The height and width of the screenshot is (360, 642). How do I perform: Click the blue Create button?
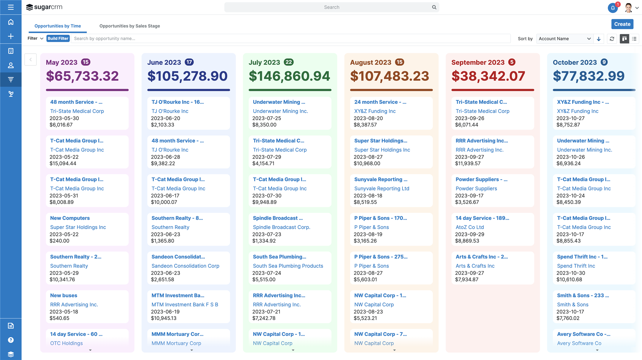tap(622, 24)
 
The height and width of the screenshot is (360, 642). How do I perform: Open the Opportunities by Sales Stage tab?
tap(129, 26)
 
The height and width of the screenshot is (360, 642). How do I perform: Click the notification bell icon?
tap(612, 8)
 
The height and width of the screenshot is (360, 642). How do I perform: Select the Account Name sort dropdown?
tap(564, 39)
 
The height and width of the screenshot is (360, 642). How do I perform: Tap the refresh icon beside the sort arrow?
tap(612, 39)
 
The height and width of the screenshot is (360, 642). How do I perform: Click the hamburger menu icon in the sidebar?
tap(11, 7)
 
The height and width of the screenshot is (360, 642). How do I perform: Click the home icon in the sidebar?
tap(11, 22)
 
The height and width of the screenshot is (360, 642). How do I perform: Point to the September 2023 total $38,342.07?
tap(488, 76)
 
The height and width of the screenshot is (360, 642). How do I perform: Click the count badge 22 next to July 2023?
tap(289, 62)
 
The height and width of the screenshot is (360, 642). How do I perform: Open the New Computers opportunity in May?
tap(70, 218)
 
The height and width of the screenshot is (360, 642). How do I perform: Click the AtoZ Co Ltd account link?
tap(470, 227)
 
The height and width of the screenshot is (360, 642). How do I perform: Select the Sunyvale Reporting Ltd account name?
tap(382, 189)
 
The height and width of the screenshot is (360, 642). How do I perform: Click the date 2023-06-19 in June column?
tap(165, 312)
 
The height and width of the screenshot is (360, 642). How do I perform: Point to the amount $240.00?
tap(59, 241)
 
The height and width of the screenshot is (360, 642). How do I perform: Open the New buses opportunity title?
tap(64, 295)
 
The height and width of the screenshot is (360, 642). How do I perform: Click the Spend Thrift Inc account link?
tap(576, 266)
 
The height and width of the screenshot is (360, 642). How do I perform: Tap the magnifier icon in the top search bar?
tap(434, 7)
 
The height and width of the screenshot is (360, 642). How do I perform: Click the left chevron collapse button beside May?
tap(30, 59)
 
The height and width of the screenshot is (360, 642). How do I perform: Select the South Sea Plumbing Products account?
tap(288, 266)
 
